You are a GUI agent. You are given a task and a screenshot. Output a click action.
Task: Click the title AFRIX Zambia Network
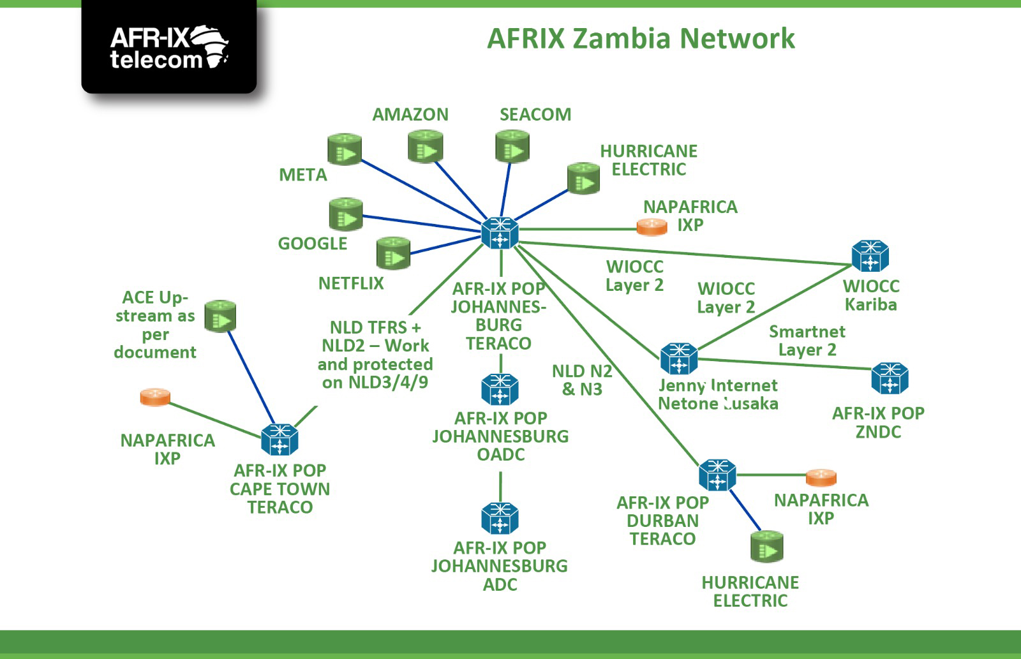coord(641,38)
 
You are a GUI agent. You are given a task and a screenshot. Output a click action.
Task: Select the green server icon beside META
coord(345,149)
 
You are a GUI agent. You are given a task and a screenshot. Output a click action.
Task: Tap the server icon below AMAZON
coord(425,147)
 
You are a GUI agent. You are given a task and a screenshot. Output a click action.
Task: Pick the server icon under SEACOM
coord(512,146)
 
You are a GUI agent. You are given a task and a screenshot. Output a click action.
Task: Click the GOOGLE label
coord(313,244)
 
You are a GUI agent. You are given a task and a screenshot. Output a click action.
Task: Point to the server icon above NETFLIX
coord(393,253)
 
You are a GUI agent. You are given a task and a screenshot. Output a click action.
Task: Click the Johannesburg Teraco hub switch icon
coord(500,232)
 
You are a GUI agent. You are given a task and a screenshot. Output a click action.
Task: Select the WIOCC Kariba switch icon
coord(870,256)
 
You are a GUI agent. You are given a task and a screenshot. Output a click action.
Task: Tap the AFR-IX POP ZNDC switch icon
coord(890,378)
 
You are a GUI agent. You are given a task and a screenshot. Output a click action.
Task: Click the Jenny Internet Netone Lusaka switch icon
coord(679,359)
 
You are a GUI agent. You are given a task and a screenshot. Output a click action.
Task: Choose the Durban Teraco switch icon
coord(717,475)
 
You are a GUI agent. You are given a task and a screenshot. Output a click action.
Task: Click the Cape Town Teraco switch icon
coord(279,440)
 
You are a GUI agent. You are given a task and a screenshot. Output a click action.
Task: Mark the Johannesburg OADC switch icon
coord(500,390)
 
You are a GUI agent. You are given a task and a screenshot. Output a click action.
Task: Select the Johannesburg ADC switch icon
coord(500,518)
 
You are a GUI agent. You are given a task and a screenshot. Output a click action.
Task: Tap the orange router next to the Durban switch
coord(821,477)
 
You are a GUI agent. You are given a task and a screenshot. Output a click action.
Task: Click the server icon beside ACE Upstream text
coord(221,316)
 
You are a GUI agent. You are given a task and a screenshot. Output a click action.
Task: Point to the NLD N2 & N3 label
coord(582,380)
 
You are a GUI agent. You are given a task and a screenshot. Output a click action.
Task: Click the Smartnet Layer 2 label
coord(807,341)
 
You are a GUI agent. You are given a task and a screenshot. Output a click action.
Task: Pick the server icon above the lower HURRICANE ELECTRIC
coord(766,547)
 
